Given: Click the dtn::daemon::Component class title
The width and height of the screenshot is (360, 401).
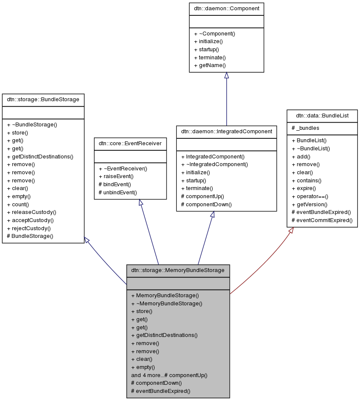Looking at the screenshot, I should coord(226,9).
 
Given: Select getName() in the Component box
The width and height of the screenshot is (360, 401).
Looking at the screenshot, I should coord(209,65).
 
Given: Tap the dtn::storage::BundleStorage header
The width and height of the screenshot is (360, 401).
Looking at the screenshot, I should coord(43,100).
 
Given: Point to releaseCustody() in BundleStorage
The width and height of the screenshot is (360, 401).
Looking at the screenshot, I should coord(32,212).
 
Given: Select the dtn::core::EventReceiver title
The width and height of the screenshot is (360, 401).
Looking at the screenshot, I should coord(130,144).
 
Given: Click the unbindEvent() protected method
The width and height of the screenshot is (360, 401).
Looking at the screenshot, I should coord(117,192).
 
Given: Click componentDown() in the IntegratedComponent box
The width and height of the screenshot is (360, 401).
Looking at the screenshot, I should coord(206,205).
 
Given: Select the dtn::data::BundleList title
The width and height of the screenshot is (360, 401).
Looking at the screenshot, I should coord(322,115).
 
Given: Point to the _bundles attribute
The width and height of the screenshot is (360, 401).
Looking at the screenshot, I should coord(305,128).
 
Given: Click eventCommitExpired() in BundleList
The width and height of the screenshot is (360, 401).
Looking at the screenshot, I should coord(322,220).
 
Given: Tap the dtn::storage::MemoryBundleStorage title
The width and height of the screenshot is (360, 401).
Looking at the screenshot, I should coord(178,270).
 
